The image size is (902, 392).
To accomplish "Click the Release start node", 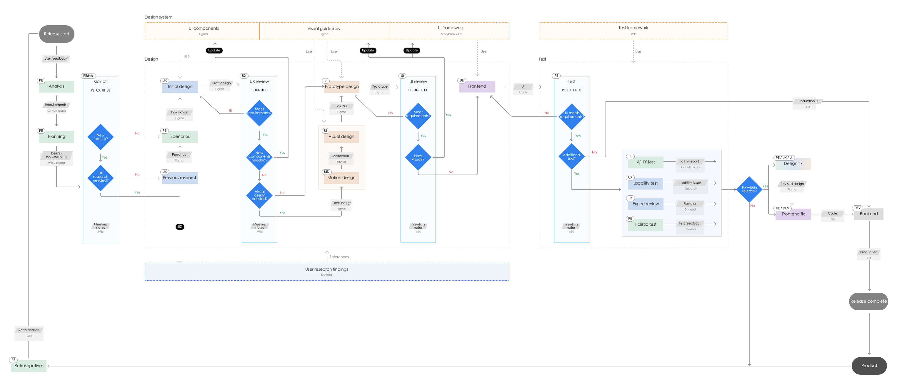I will coord(56,34).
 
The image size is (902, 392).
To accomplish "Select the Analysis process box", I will coord(56,86).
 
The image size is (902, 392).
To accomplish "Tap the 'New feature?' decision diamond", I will coord(101,137).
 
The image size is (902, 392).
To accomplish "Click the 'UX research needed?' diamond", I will coord(101,177).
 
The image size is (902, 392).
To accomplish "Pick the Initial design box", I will coord(180,87).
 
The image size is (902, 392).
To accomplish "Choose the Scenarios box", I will coord(180,137).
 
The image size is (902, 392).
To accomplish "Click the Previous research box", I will coord(180,178).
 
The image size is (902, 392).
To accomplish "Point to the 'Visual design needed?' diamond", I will coord(259,195).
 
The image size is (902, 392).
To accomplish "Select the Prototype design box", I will coord(342,87).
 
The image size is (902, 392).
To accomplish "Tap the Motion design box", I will coord(341,178).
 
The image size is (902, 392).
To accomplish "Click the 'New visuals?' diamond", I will coord(418,158).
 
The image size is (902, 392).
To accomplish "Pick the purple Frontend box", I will coord(477,86).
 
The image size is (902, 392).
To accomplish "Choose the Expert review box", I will coord(646,204).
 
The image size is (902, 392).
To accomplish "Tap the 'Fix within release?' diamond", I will coord(749,189).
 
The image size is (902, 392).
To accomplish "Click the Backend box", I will coord(869,214).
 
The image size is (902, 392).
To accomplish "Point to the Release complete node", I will coord(868,301).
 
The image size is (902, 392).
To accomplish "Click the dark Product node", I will coord(869,366).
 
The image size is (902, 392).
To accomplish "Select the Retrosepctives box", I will coord(29,366).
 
